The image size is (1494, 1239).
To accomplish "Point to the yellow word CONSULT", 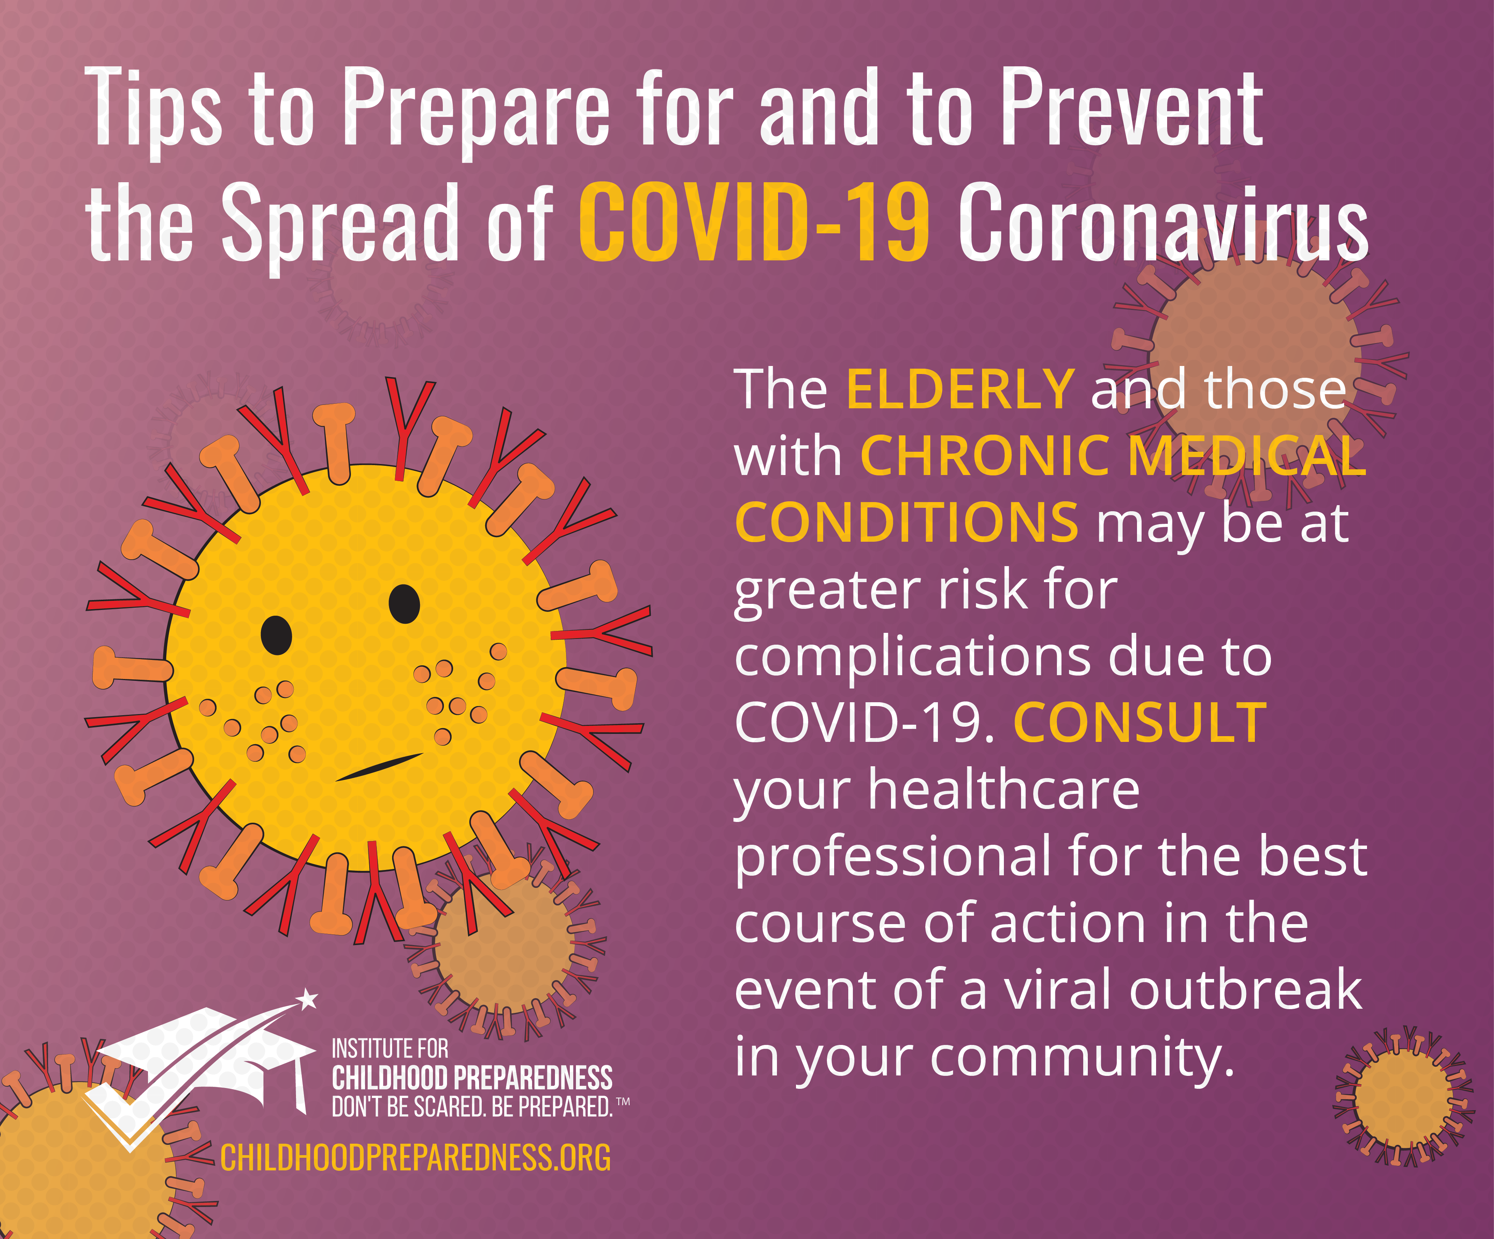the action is [x=1140, y=723].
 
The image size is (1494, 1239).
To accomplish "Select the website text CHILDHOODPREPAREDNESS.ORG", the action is [x=415, y=1158].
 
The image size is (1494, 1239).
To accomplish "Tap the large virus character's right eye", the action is [x=404, y=603].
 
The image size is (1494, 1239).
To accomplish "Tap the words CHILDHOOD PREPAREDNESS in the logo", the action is [x=472, y=1078].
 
